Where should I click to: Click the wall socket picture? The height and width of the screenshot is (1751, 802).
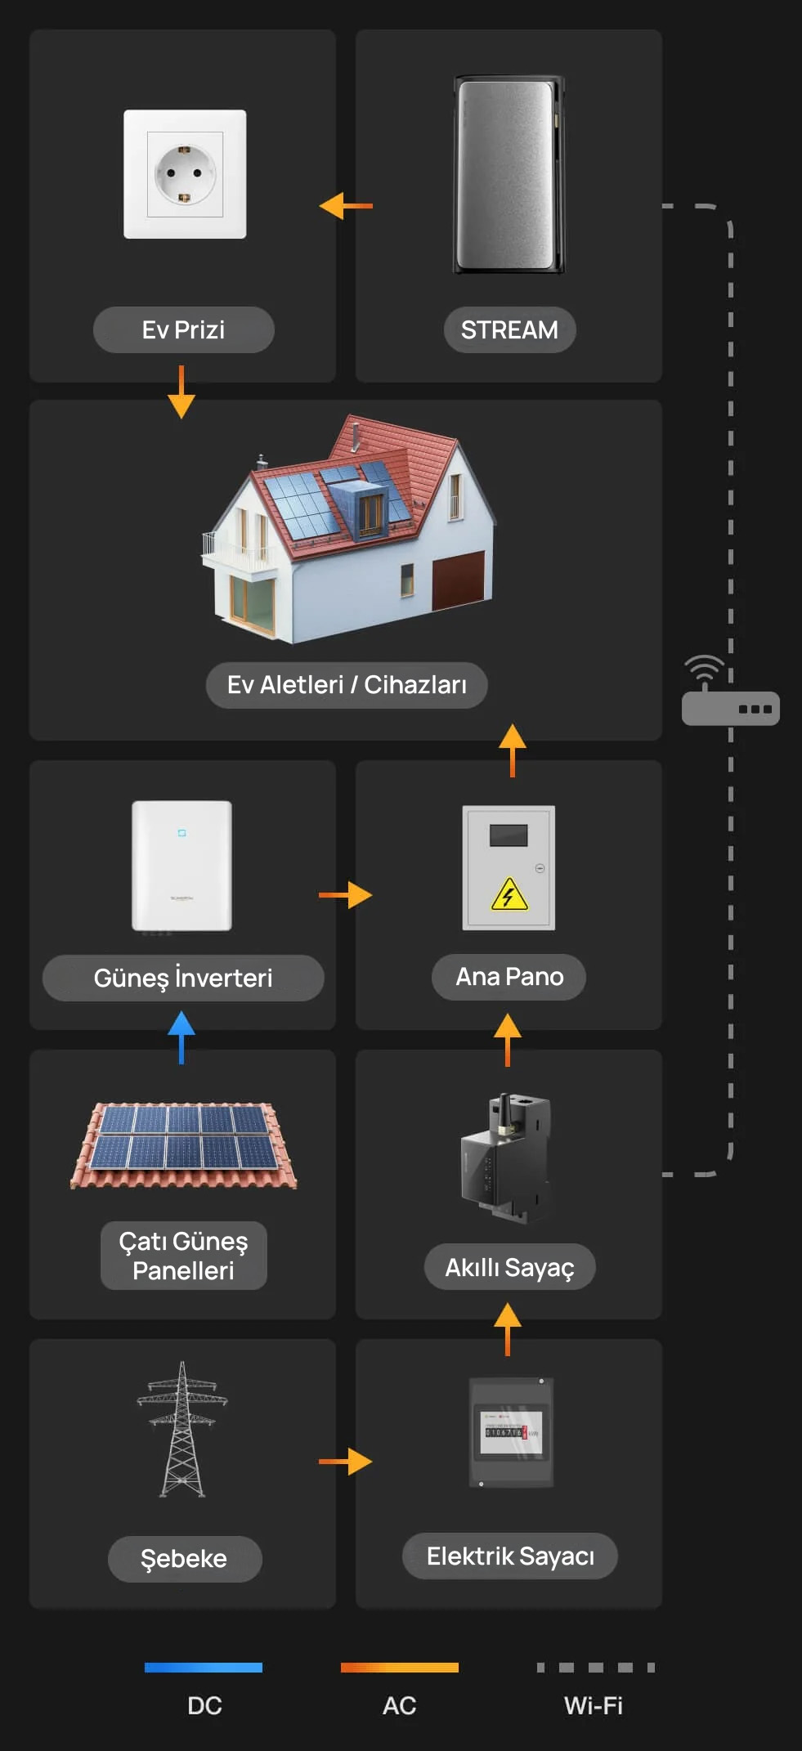click(x=185, y=174)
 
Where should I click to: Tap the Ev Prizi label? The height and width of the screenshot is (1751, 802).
click(x=183, y=329)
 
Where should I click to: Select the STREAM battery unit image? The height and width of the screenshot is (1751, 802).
click(x=509, y=175)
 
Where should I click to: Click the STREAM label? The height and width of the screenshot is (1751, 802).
click(x=509, y=329)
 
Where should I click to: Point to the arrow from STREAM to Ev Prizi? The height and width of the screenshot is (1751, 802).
click(x=346, y=205)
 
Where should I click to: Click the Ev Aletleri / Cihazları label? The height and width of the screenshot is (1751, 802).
click(x=347, y=684)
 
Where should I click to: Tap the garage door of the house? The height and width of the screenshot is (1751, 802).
click(x=458, y=580)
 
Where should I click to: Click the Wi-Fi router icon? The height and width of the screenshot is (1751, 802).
click(x=730, y=691)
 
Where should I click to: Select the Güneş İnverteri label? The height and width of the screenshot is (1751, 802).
click(x=183, y=978)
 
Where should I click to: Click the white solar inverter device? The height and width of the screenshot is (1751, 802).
click(x=181, y=866)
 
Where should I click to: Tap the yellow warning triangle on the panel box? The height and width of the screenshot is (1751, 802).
click(x=509, y=893)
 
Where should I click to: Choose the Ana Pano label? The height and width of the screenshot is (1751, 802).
click(x=509, y=977)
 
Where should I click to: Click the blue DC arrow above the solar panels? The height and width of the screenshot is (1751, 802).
click(x=181, y=1037)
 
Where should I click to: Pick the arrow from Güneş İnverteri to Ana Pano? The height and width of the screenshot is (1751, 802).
click(x=346, y=895)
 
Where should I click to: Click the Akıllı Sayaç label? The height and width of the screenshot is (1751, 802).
click(x=509, y=1267)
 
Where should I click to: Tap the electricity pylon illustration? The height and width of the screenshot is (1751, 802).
click(x=182, y=1429)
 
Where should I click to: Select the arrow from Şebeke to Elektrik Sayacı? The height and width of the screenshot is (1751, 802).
click(x=346, y=1461)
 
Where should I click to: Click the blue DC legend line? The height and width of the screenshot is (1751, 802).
click(x=204, y=1668)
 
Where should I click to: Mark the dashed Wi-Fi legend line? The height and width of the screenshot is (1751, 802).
click(x=596, y=1668)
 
